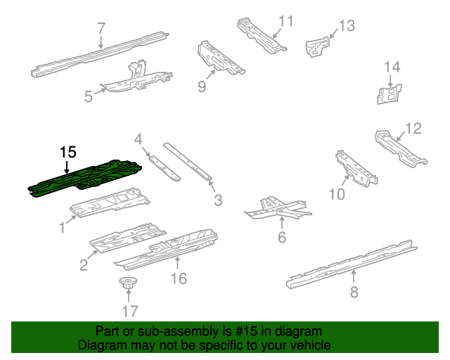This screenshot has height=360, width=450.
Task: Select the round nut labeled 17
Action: (x=127, y=285)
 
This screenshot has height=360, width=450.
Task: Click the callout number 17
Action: (x=131, y=310)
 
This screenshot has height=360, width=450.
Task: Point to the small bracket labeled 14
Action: (x=386, y=94)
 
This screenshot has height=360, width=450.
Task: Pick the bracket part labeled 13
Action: (x=318, y=47)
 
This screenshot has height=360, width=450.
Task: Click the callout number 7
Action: (x=101, y=29)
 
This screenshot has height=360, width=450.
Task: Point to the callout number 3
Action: (x=218, y=200)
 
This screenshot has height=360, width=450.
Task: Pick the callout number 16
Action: (x=179, y=278)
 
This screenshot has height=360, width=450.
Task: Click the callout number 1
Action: (x=62, y=226)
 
